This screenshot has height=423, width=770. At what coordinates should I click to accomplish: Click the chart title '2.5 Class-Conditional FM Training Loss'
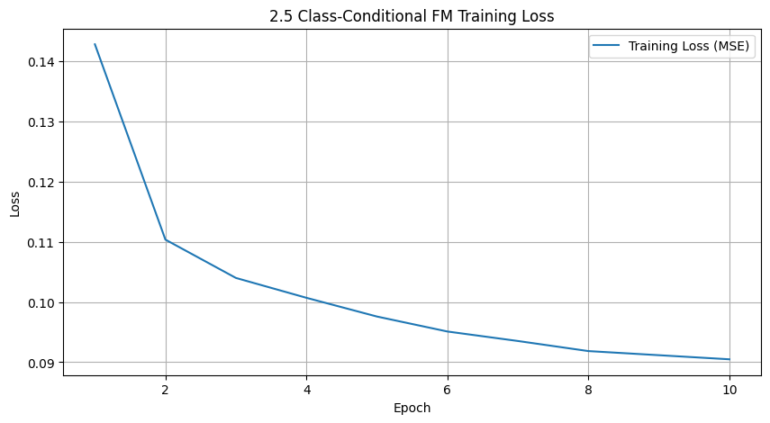coord(412,15)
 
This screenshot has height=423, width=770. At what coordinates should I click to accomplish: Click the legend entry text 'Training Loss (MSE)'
coord(689,47)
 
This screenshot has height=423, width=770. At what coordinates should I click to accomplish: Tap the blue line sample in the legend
coord(608,47)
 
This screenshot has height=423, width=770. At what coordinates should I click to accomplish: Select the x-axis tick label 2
coord(166,391)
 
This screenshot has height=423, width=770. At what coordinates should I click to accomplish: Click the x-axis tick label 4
coord(306,391)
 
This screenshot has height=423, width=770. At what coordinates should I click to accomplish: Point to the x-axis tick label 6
coord(448,391)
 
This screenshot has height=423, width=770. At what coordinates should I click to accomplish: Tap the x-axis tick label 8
coord(588,391)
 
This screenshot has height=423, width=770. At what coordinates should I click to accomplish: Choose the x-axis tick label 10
coord(729,391)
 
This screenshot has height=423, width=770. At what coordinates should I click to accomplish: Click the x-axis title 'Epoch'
coord(412,409)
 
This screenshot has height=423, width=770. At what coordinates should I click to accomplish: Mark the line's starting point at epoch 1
coord(95,44)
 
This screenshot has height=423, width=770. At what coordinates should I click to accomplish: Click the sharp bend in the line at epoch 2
coord(166,239)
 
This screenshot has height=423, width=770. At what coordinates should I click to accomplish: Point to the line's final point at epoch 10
coord(729,359)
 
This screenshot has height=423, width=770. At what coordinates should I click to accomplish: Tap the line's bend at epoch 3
coord(236,278)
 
